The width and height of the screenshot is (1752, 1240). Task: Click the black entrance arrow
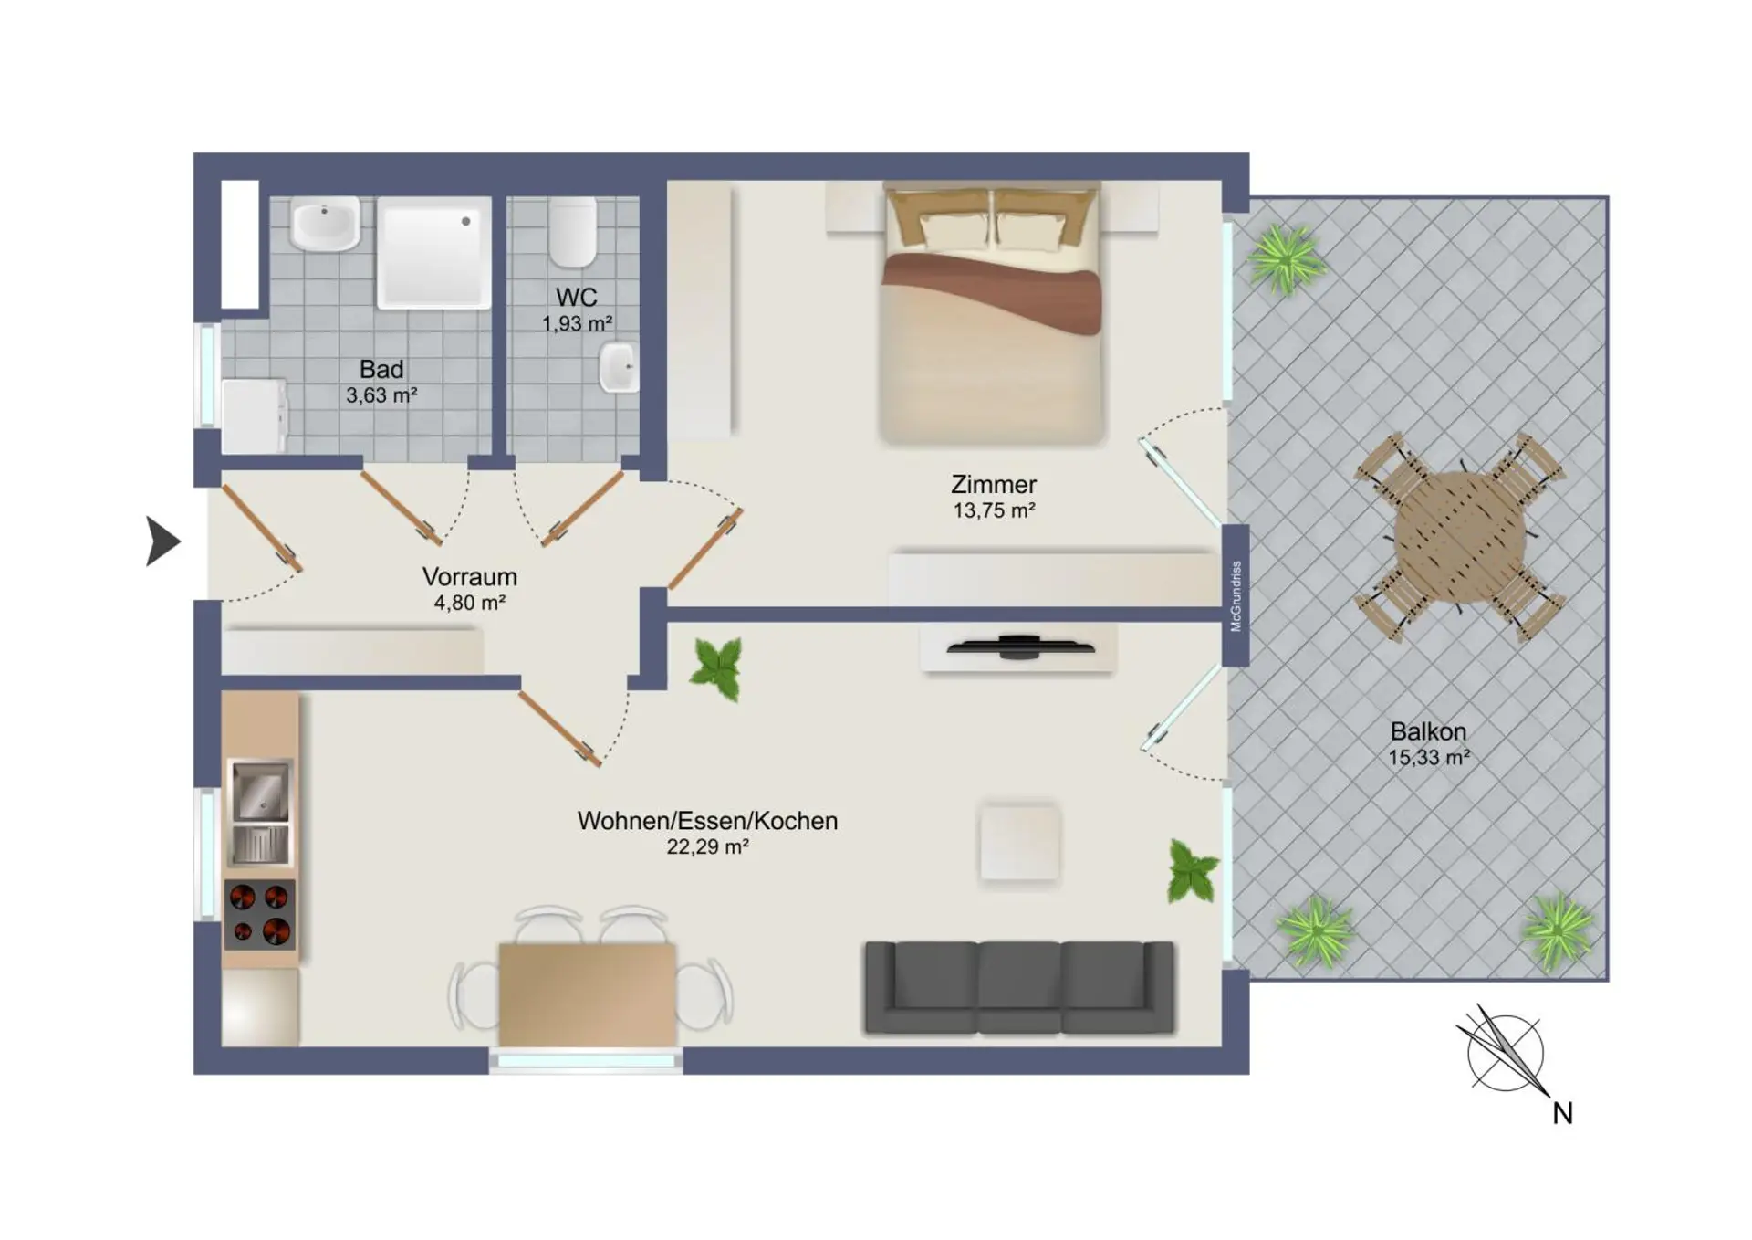click(162, 541)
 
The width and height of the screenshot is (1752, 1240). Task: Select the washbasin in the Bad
click(325, 224)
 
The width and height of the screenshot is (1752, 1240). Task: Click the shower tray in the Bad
click(433, 252)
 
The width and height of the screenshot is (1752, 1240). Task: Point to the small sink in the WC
click(619, 367)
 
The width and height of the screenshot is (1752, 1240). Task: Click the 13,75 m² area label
click(994, 510)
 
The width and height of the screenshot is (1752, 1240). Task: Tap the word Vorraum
click(469, 576)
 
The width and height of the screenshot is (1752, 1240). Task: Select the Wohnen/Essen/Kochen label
click(707, 820)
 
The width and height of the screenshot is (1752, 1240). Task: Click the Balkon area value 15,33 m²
click(1429, 757)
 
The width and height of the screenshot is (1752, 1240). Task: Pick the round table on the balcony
click(1460, 536)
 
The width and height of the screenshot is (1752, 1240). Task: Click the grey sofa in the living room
click(1019, 988)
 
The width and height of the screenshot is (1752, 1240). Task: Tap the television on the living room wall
click(1020, 646)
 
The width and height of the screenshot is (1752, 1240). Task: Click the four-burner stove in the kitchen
click(260, 915)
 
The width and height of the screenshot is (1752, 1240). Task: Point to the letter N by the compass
click(1562, 1113)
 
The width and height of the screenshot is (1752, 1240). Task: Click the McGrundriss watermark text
click(1236, 596)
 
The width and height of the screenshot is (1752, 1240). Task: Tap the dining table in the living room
click(588, 994)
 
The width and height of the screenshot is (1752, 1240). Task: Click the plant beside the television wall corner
click(716, 668)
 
